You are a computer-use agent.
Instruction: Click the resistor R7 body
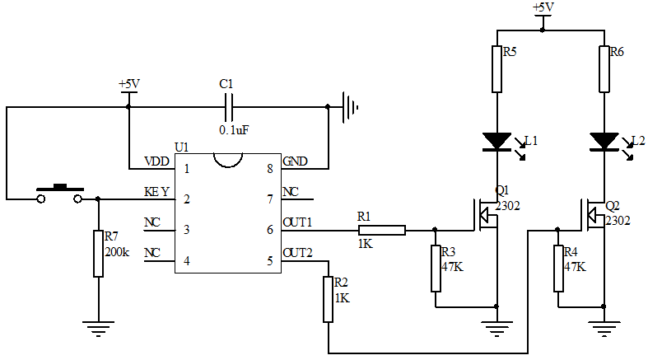pyautogui.click(x=98, y=254)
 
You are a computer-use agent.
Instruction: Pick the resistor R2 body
pyautogui.click(x=329, y=299)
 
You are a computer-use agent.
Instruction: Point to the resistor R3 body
pyautogui.click(x=436, y=268)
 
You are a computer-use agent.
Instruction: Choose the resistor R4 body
pyautogui.click(x=558, y=268)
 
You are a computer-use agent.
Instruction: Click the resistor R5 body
pyautogui.click(x=497, y=69)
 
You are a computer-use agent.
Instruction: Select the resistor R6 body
pyautogui.click(x=604, y=69)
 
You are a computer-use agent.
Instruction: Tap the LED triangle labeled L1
pyautogui.click(x=497, y=141)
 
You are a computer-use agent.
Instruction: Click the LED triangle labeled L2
pyautogui.click(x=604, y=141)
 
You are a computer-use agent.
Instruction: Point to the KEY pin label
pyautogui.click(x=156, y=192)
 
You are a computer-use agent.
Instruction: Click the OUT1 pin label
pyautogui.click(x=297, y=222)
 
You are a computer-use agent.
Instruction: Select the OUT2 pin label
pyautogui.click(x=297, y=252)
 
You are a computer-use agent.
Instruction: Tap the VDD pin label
pyautogui.click(x=156, y=161)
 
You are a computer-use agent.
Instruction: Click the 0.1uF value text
pyautogui.click(x=235, y=130)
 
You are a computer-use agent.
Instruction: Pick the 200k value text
pyautogui.click(x=117, y=251)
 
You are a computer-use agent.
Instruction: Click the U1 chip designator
pyautogui.click(x=182, y=147)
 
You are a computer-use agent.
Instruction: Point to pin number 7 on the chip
pyautogui.click(x=269, y=199)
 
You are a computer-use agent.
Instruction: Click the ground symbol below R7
pyautogui.click(x=98, y=328)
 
